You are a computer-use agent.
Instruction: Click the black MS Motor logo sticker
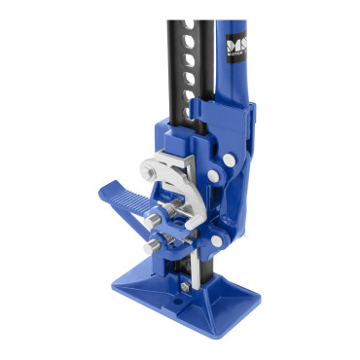click(x=235, y=48)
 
